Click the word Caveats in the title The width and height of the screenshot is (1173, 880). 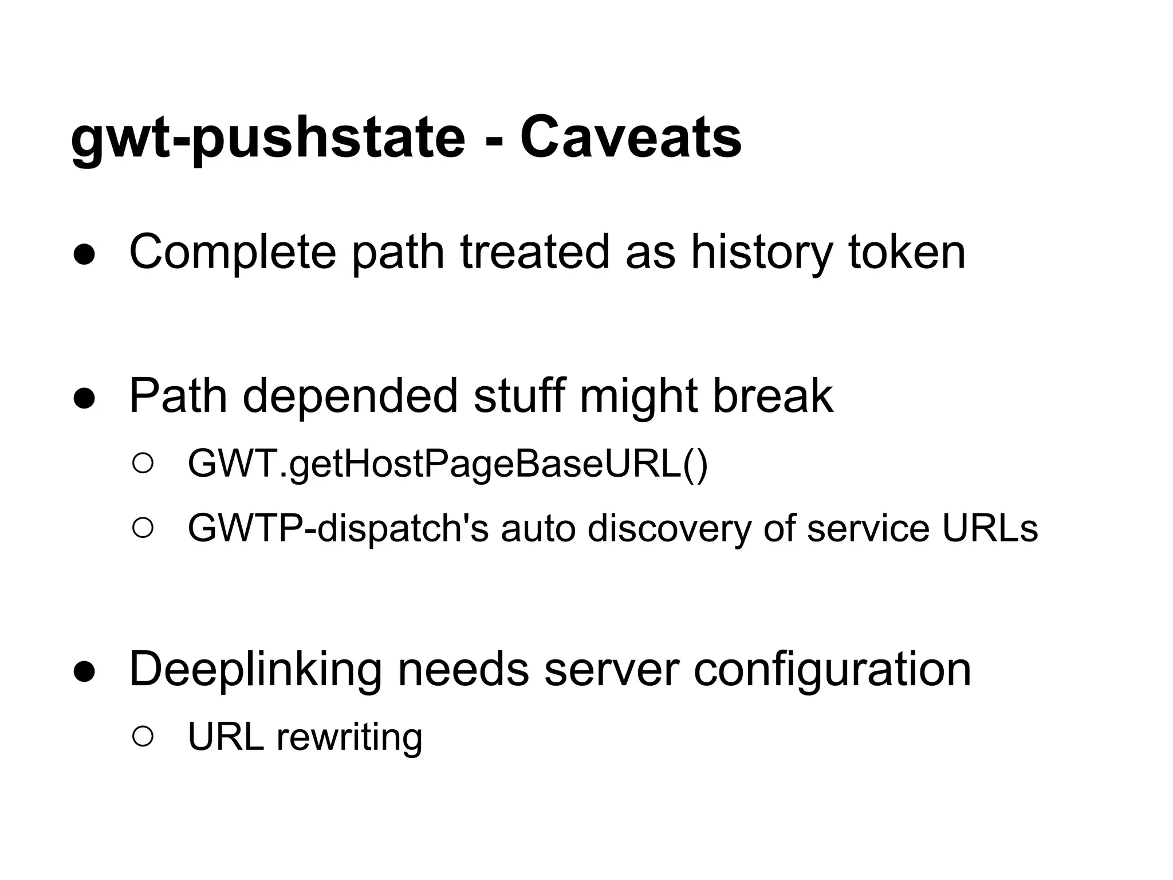click(631, 138)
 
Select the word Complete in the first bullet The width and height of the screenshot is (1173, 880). click(233, 253)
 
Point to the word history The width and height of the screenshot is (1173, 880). click(761, 253)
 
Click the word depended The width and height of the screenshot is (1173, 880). click(350, 396)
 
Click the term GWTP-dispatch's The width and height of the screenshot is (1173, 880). click(338, 528)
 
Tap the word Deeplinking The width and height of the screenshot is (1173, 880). click(255, 670)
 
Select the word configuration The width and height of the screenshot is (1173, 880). click(832, 670)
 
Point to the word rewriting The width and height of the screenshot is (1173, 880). click(349, 737)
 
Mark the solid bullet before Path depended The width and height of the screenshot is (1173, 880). click(84, 399)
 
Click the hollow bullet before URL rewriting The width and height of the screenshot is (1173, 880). click(143, 737)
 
